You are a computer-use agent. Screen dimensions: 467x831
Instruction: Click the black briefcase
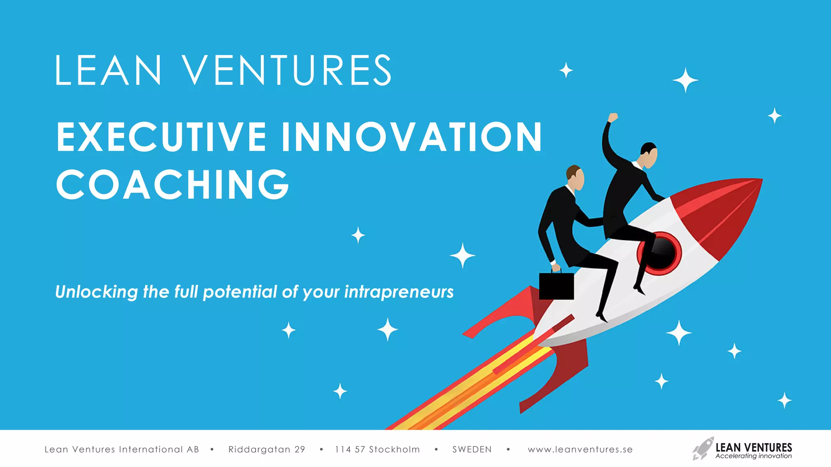point(556,286)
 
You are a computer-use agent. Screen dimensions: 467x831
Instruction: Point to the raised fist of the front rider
point(612,118)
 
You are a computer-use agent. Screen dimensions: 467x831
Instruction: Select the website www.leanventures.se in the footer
point(580,449)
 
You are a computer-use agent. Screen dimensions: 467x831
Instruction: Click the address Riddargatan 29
point(267,449)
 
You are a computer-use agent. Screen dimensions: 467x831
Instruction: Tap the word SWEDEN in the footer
point(472,449)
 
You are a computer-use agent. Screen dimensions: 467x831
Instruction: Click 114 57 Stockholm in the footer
point(377,449)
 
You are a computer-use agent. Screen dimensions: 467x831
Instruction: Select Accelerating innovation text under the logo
point(753,456)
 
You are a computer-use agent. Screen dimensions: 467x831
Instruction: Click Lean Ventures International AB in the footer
point(122,449)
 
